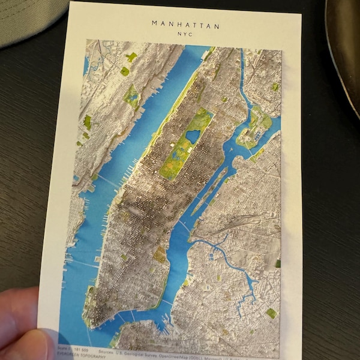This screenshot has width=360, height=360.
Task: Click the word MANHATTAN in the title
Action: point(185,25)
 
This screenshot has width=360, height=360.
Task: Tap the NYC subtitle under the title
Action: point(186,35)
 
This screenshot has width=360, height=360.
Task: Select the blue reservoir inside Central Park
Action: point(193,137)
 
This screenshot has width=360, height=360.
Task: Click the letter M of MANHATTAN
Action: point(154,25)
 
